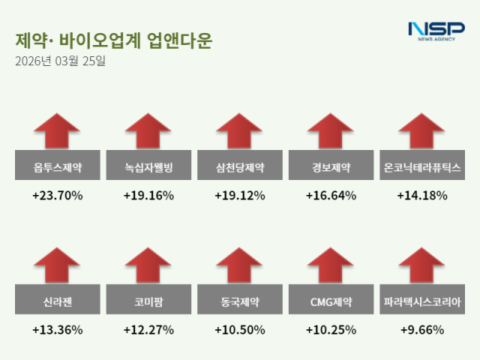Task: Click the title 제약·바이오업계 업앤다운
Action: (x=113, y=40)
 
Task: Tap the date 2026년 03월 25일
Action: (x=60, y=61)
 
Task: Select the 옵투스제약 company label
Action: (x=58, y=166)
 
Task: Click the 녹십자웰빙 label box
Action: (x=148, y=166)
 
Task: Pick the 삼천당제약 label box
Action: (x=239, y=166)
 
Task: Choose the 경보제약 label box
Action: (x=331, y=166)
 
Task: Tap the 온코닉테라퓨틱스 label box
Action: (x=421, y=166)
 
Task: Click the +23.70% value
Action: (x=58, y=196)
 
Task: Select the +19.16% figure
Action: (x=148, y=196)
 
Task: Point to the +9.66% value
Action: (x=421, y=330)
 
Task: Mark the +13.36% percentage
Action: (x=58, y=330)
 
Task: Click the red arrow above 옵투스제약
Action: (x=58, y=130)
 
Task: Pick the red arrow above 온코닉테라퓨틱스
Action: (x=421, y=130)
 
